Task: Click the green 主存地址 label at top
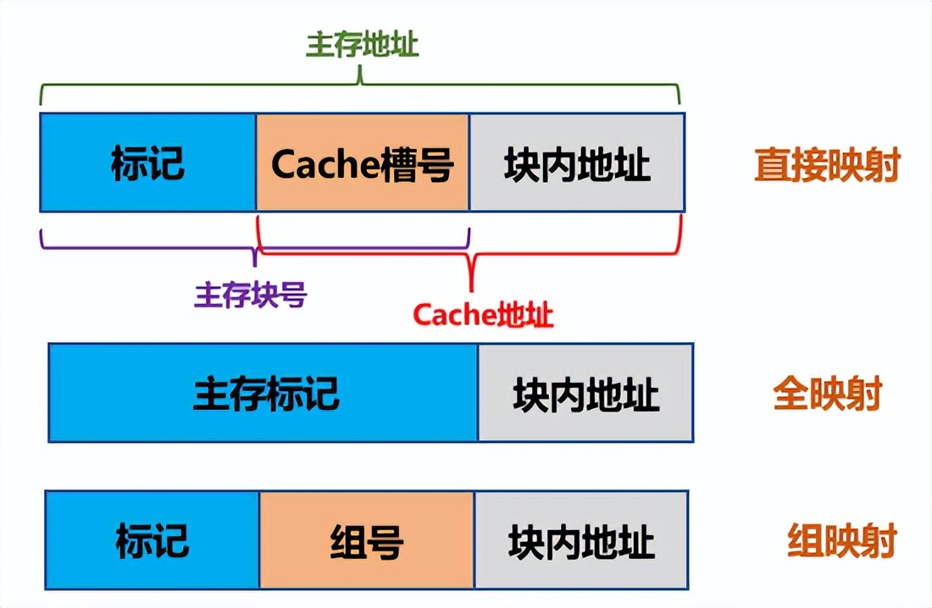(362, 45)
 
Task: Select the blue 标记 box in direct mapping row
(147, 162)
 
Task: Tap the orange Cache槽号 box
(362, 162)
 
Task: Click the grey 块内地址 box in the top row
(577, 162)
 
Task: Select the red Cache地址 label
(483, 315)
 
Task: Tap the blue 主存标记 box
(264, 393)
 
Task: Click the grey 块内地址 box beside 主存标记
(585, 393)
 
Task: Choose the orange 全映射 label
(827, 395)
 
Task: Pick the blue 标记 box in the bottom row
(152, 539)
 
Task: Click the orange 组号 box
(366, 539)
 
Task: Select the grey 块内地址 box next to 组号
(581, 539)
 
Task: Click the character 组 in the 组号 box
(347, 540)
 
